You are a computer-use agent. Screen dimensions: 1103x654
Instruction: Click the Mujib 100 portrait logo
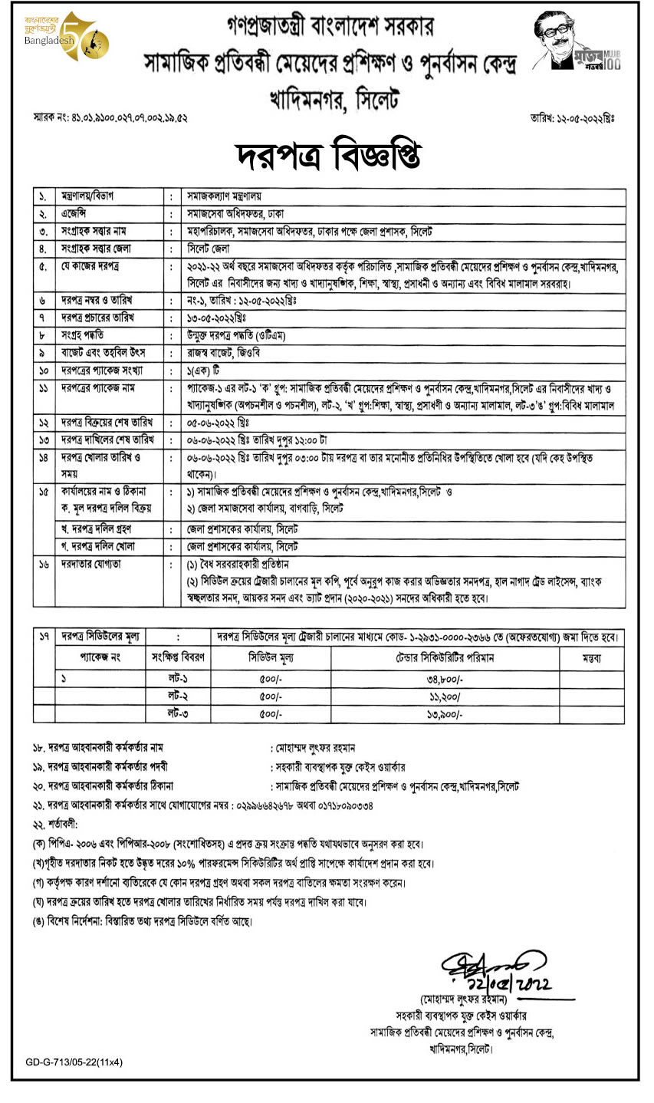coord(576,44)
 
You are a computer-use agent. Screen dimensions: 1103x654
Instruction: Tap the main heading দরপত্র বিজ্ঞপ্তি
coord(327,156)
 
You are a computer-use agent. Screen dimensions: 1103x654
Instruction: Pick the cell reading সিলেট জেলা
coord(211,249)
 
